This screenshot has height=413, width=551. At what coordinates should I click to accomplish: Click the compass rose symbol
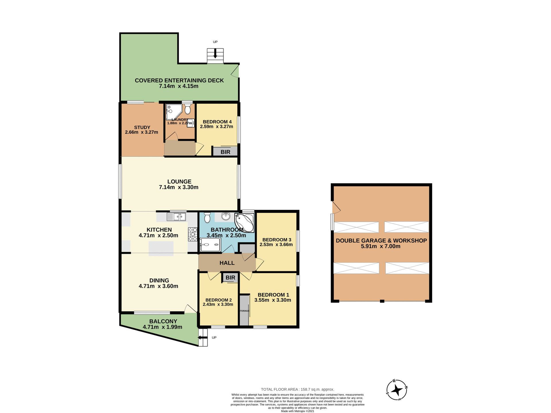pos(397,390)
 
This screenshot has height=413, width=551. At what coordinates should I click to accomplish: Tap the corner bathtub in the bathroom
pos(245,222)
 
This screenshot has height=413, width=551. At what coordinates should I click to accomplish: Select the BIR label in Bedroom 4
pos(225,152)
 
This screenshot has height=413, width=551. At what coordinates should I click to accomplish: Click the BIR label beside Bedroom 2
pos(230,278)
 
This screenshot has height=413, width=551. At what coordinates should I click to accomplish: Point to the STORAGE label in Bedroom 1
pos(244,311)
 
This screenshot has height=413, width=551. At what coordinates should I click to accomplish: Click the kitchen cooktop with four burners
pos(193,234)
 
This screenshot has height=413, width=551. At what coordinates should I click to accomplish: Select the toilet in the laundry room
pos(187,109)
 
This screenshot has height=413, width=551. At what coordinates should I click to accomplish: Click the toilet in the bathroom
pos(207,218)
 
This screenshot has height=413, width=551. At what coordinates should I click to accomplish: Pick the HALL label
pos(227,263)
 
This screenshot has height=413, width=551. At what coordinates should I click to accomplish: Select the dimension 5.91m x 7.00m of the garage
pos(381,246)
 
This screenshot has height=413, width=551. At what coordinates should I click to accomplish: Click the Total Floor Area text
pos(297,389)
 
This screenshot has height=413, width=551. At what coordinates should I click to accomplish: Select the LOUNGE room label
pos(179,182)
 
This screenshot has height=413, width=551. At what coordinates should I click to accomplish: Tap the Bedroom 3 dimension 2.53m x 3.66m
pos(276,245)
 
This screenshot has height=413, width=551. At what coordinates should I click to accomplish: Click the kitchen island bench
pos(161,248)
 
